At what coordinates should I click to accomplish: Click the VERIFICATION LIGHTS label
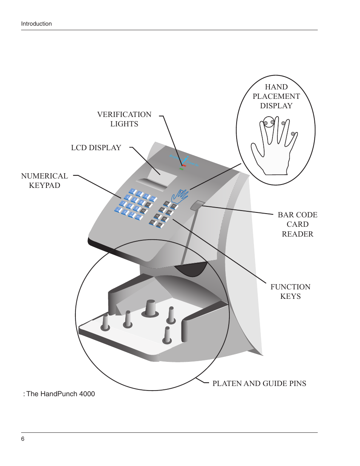(x=124, y=119)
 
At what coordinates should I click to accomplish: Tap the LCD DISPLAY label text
(x=96, y=148)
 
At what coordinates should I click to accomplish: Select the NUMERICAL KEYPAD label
(x=45, y=181)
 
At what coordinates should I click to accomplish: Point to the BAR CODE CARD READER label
(x=297, y=224)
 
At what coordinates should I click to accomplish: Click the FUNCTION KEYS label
(x=290, y=291)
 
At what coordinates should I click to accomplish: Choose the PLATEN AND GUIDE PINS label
(x=259, y=384)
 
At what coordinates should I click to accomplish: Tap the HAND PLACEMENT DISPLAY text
(x=276, y=97)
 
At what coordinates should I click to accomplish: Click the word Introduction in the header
(x=36, y=24)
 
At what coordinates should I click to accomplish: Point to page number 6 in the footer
(x=23, y=439)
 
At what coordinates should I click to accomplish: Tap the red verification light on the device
(x=184, y=165)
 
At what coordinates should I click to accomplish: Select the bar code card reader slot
(x=197, y=205)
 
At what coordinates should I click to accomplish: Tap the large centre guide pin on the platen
(x=150, y=308)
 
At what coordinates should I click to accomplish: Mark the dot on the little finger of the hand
(x=293, y=134)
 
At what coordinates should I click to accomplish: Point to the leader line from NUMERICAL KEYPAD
(x=100, y=187)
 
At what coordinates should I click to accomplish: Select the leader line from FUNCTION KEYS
(x=219, y=251)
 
